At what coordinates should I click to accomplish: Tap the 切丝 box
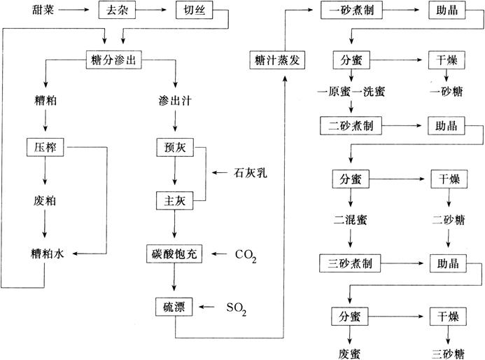point(194,11)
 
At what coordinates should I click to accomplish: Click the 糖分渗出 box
point(113,60)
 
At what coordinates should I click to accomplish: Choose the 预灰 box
point(174,148)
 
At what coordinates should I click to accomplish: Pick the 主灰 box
point(174,202)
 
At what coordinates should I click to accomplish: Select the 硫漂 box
point(174,306)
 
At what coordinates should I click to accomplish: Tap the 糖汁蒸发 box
point(278,60)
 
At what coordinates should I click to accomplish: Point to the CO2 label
point(246,254)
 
